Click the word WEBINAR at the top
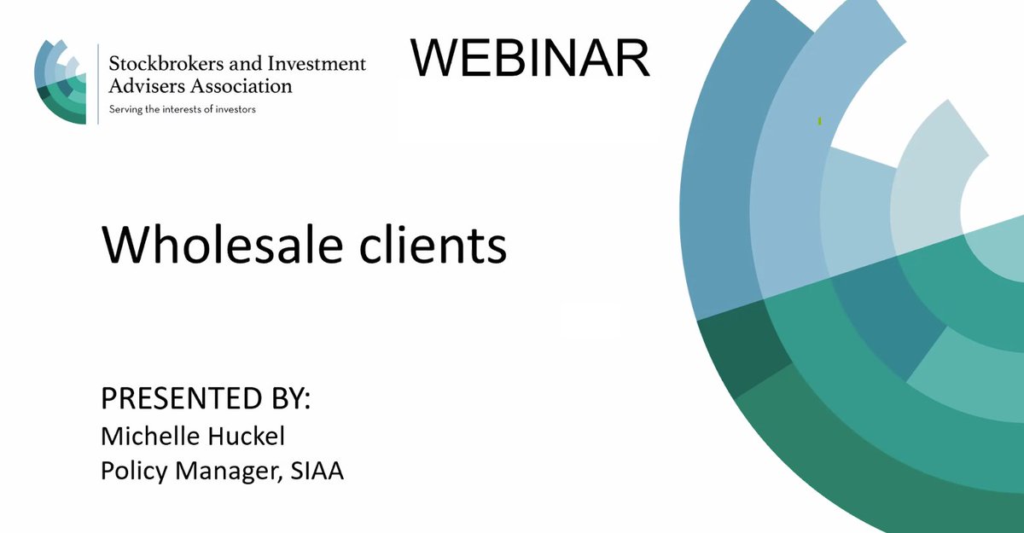tap(529, 59)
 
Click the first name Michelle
tap(148, 436)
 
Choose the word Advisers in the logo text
tap(140, 86)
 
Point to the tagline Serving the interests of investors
tap(182, 109)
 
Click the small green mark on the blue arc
tap(819, 122)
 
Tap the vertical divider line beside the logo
tap(97, 83)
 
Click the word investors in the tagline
tap(235, 109)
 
